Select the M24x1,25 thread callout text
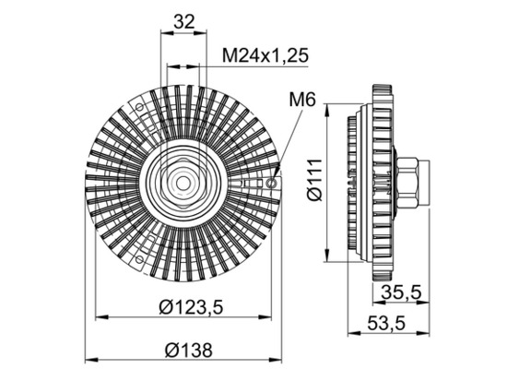[x=265, y=55]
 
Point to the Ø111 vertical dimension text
[x=313, y=180]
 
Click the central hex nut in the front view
[x=182, y=180]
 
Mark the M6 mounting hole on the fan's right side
[x=270, y=182]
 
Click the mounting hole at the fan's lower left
[x=138, y=259]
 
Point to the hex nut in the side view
[x=412, y=182]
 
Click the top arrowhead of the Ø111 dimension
[x=327, y=104]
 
